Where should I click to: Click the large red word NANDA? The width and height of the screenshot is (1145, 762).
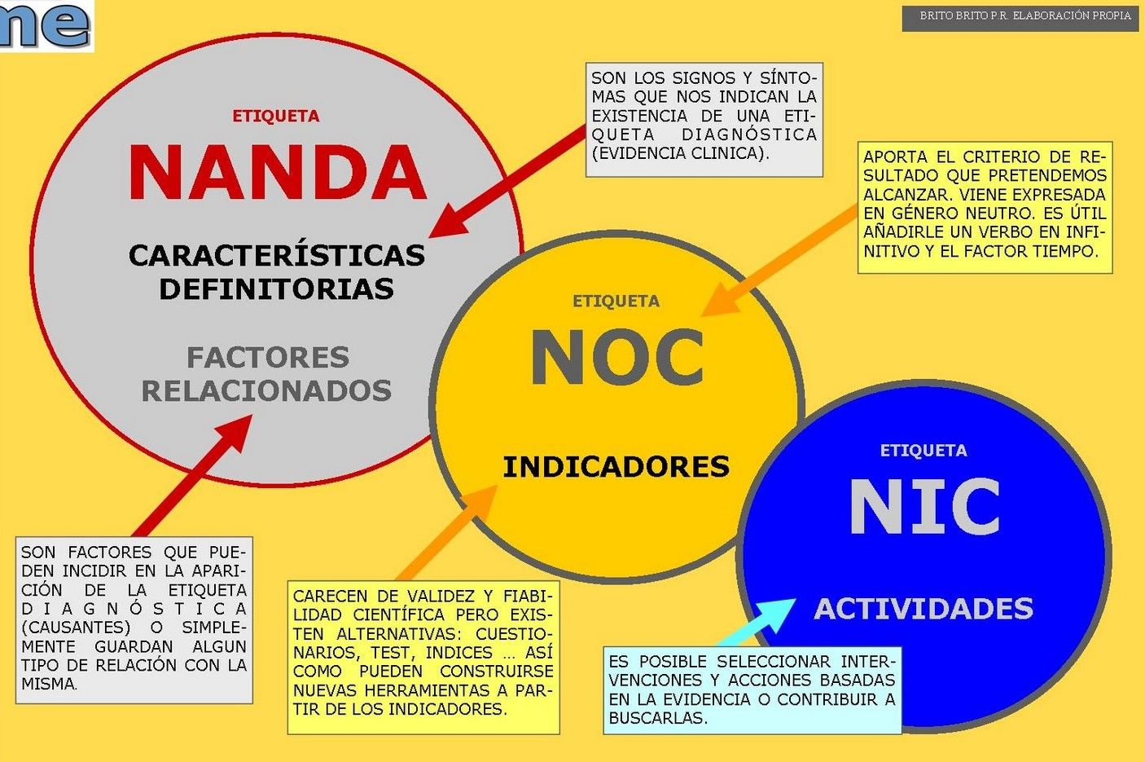click(278, 173)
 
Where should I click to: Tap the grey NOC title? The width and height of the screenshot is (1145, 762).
click(616, 359)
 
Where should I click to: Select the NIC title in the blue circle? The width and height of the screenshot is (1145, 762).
click(924, 507)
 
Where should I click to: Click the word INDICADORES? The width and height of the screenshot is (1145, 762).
click(616, 467)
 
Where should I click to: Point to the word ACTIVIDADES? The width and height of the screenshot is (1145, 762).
click(923, 609)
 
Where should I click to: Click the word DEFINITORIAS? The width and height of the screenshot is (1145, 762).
click(276, 289)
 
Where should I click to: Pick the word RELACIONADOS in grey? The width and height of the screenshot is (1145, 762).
click(266, 391)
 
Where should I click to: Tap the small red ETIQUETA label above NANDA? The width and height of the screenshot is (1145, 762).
click(275, 117)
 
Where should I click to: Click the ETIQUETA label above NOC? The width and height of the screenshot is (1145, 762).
click(616, 302)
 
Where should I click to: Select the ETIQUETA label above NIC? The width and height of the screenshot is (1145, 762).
click(923, 451)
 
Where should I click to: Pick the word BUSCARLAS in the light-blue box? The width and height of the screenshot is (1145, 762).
click(657, 718)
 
